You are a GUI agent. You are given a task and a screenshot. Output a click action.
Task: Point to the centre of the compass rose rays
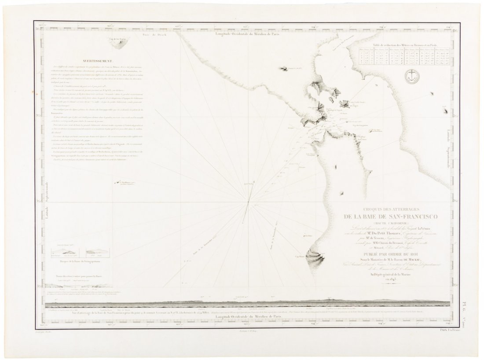click(x=249, y=202)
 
